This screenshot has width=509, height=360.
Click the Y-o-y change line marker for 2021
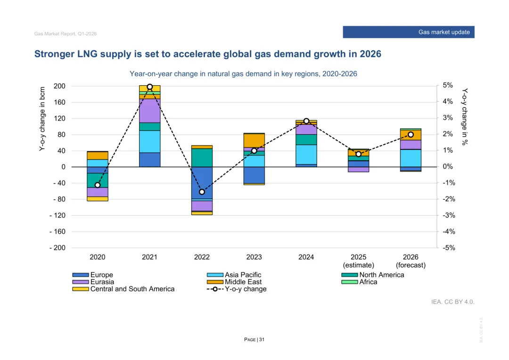(x=150, y=87)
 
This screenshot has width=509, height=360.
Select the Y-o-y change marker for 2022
(x=202, y=192)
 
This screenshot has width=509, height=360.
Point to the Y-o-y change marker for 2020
(x=98, y=185)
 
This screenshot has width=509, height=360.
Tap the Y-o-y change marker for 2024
(x=306, y=121)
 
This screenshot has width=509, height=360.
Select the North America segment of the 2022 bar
(x=202, y=157)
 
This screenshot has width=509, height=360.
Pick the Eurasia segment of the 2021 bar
(x=150, y=110)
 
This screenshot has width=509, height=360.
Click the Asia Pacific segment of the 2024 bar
(x=306, y=154)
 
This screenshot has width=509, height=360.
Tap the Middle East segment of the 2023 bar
(x=254, y=140)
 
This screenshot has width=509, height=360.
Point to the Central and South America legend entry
(x=123, y=289)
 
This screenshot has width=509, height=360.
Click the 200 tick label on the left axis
(x=59, y=86)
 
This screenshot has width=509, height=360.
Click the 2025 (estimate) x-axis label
(x=358, y=261)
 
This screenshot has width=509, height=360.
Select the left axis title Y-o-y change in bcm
(x=42, y=119)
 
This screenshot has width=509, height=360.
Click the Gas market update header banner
(x=408, y=32)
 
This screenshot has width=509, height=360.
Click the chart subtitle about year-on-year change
(x=243, y=74)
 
